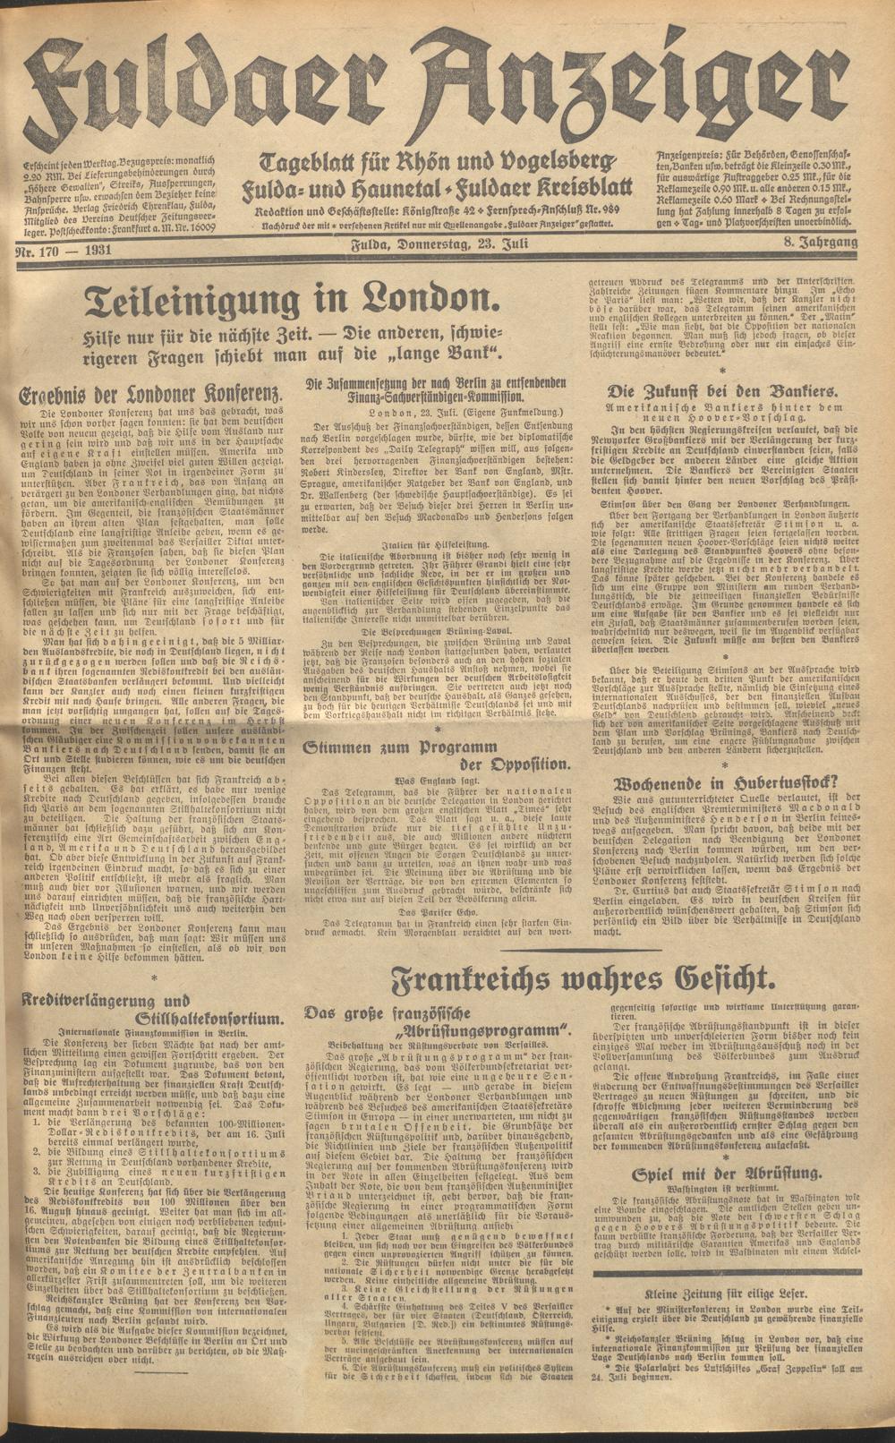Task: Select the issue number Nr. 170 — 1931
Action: [x=64, y=251]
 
